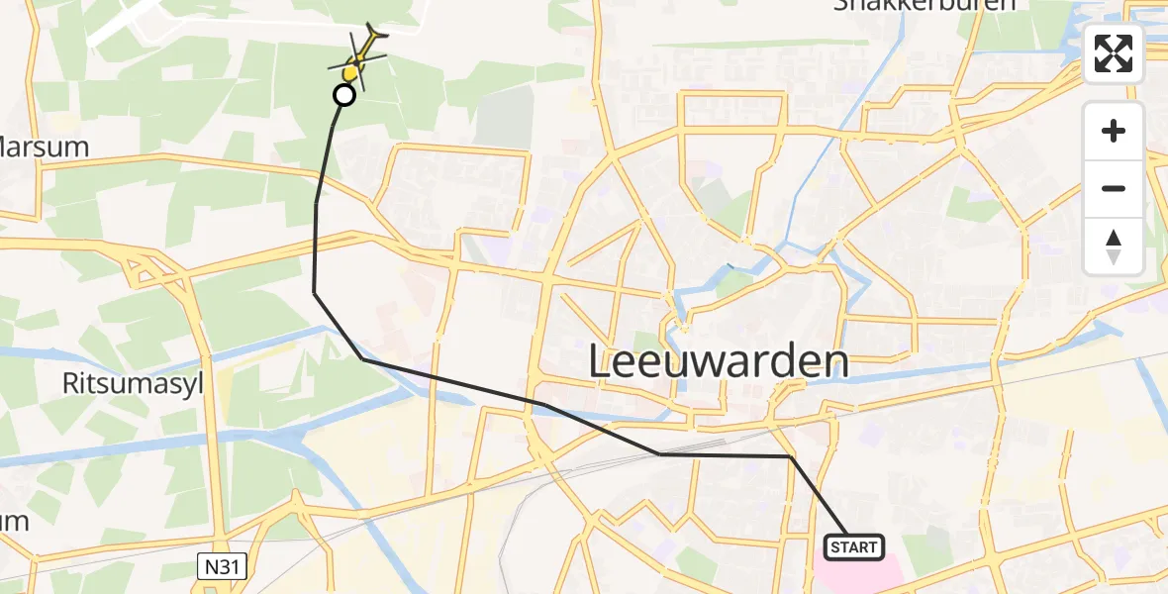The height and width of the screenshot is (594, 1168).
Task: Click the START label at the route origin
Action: tap(853, 546)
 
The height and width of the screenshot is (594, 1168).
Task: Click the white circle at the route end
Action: tap(343, 95)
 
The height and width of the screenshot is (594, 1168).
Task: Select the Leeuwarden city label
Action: tap(719, 362)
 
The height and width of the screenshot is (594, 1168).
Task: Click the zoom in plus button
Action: tap(1114, 132)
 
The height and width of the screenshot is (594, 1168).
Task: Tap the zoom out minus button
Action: tap(1114, 188)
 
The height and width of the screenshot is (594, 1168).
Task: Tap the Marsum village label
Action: tap(46, 148)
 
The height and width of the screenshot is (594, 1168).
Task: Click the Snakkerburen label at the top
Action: tap(925, 5)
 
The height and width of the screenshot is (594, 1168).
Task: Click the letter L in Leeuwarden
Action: tap(602, 362)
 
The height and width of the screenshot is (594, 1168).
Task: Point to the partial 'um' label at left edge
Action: tap(14, 521)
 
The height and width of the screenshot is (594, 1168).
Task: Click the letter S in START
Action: tap(833, 546)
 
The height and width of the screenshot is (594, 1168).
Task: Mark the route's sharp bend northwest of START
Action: tap(791, 457)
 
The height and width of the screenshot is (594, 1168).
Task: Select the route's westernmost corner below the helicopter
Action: tap(315, 292)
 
